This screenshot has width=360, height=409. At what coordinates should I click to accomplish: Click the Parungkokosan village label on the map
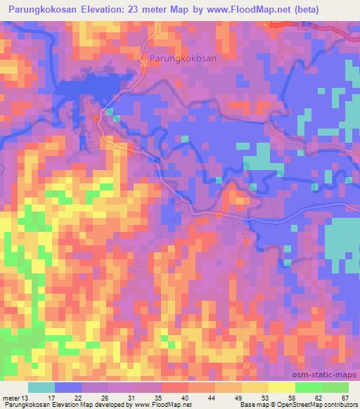184,60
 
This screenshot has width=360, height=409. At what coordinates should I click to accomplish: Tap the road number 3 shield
302,25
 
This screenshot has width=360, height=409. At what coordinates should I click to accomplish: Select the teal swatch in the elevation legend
41,387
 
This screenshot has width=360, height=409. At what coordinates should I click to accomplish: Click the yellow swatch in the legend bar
281,387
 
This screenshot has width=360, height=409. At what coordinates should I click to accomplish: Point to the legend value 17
55,398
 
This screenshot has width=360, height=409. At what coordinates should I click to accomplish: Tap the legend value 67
345,398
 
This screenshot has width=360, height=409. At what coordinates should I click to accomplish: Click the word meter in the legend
13,398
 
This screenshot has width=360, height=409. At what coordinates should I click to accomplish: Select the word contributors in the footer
339,405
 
